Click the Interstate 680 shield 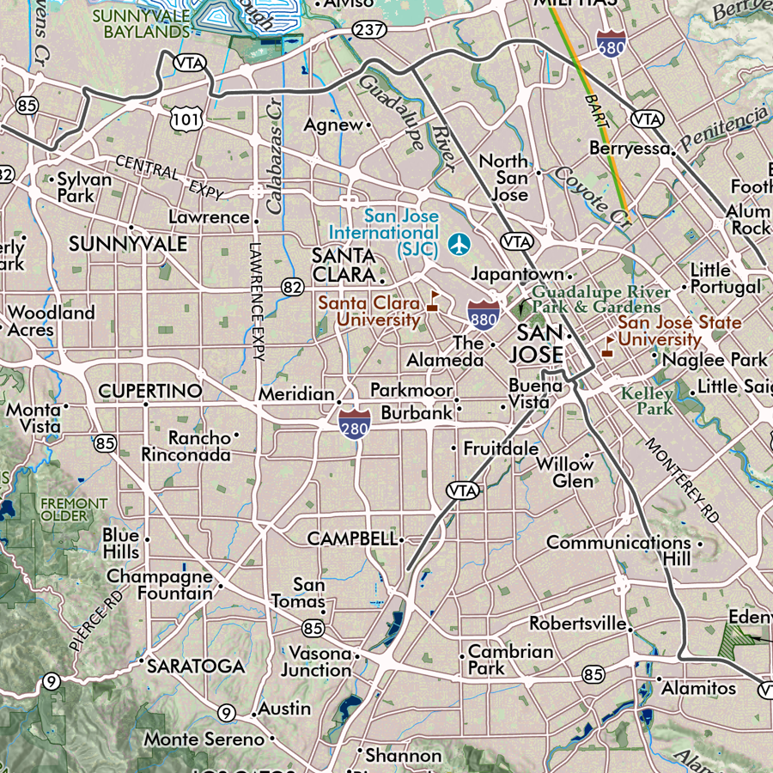click(609, 43)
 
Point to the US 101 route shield click(186, 118)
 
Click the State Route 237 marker click(368, 30)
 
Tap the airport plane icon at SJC click(459, 244)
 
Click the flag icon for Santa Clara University click(434, 300)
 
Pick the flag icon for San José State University click(608, 345)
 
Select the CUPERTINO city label click(150, 391)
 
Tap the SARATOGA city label click(196, 666)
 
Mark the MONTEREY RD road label click(682, 480)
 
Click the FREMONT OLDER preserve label click(75, 509)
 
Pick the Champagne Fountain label click(160, 584)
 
